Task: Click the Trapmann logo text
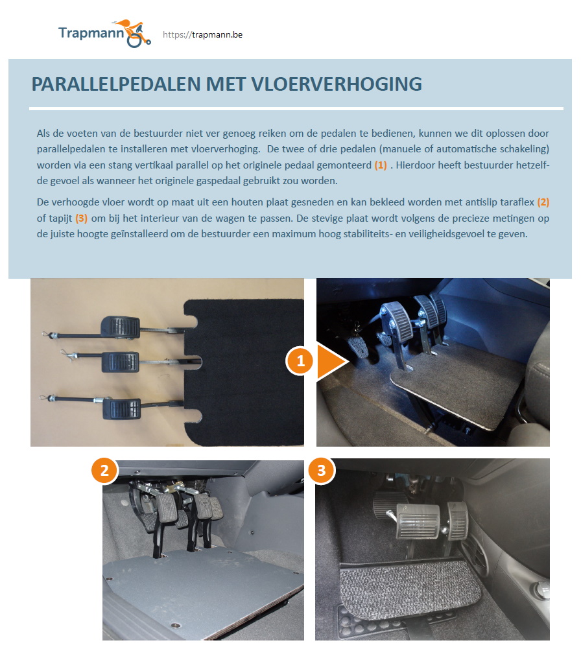click(90, 33)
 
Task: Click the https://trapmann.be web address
click(202, 35)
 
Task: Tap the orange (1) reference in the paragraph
click(381, 165)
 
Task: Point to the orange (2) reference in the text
click(543, 202)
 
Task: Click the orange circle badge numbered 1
click(300, 362)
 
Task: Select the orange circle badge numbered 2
click(104, 471)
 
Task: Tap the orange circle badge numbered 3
click(321, 471)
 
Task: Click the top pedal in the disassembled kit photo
click(120, 328)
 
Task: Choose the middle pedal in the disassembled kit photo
click(119, 362)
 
